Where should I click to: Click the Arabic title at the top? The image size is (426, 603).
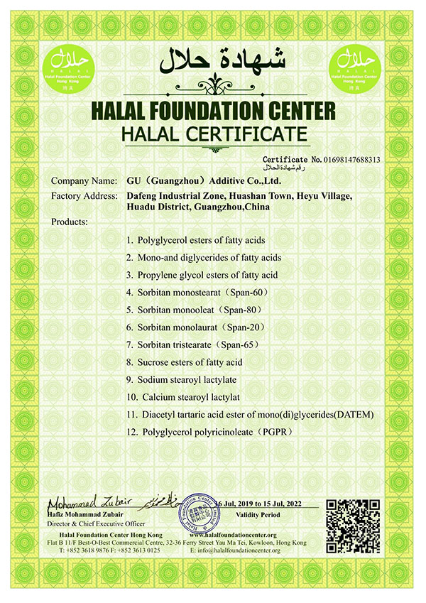pyautogui.click(x=213, y=61)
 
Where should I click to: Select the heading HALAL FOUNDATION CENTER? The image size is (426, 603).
pyautogui.click(x=213, y=112)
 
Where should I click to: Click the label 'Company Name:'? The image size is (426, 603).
pyautogui.click(x=83, y=182)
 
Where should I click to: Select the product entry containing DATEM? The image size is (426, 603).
pyautogui.click(x=248, y=414)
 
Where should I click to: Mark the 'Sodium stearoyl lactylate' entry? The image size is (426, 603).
pyautogui.click(x=182, y=379)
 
